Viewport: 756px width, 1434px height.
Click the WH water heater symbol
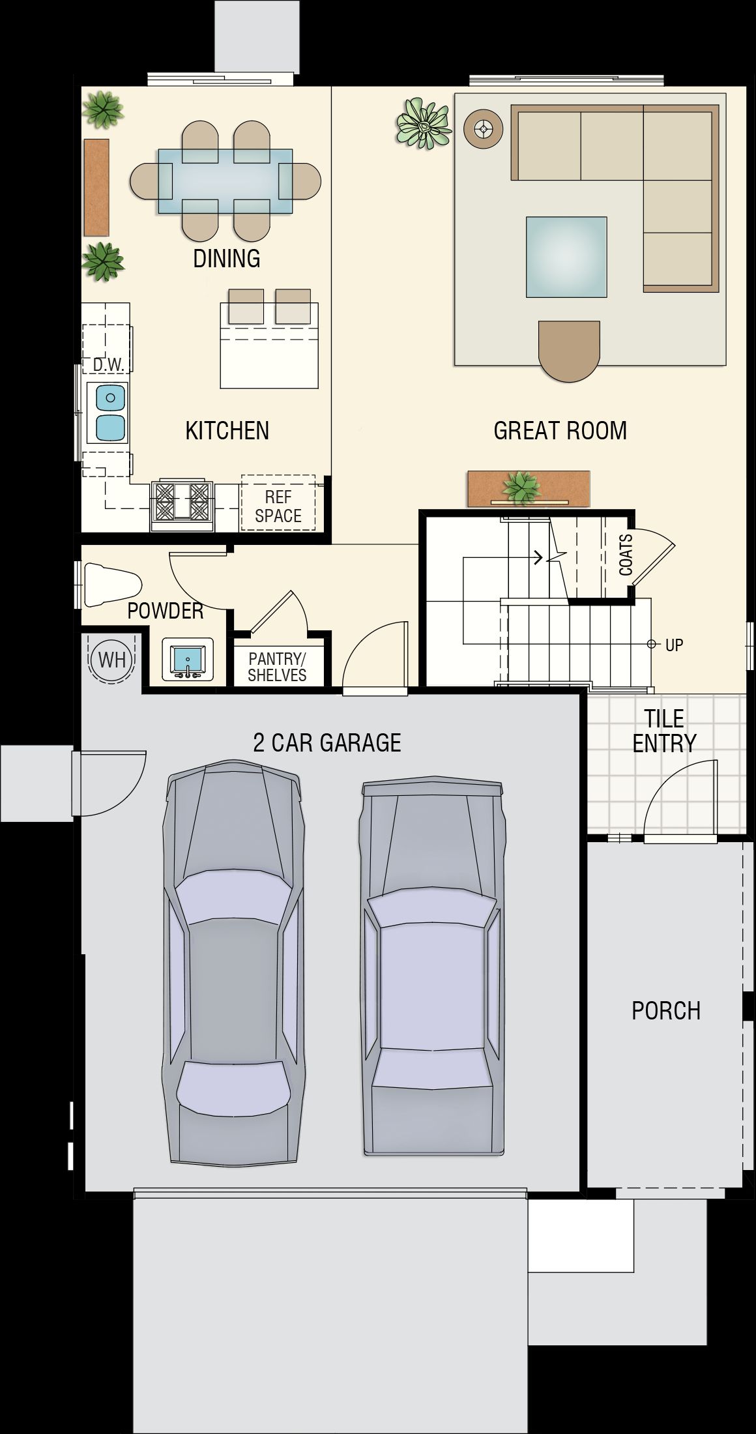(112, 659)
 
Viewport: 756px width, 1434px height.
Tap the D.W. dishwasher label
(108, 364)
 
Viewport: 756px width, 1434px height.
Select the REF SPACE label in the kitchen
(278, 506)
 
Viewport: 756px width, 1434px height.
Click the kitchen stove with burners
(182, 505)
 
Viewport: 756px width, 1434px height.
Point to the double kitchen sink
(110, 412)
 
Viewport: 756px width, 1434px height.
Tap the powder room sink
(188, 660)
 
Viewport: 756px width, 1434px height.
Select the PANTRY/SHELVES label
(277, 667)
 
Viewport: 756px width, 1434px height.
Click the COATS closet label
(626, 555)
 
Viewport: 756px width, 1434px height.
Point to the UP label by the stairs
(674, 645)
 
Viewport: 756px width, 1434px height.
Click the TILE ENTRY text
(664, 731)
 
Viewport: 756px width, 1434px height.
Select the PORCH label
(666, 1010)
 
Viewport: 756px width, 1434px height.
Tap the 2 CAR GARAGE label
(327, 742)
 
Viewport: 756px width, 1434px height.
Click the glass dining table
(225, 181)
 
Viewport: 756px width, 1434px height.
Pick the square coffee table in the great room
(566, 257)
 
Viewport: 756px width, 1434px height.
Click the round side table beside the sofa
(483, 129)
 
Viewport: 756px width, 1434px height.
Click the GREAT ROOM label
(560, 430)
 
